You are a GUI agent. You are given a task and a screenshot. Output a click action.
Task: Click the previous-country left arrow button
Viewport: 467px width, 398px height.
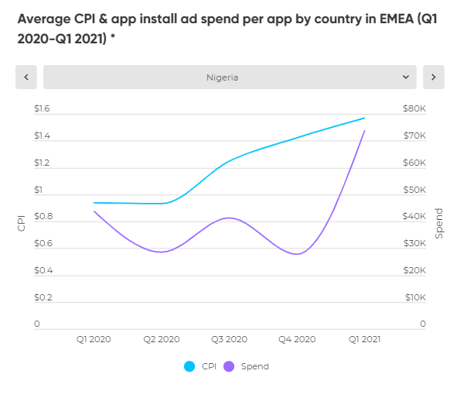[26, 77]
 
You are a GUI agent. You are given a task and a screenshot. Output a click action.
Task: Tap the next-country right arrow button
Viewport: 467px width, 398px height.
[434, 77]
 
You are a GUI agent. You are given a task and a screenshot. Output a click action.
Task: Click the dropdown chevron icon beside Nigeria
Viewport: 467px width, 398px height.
[406, 77]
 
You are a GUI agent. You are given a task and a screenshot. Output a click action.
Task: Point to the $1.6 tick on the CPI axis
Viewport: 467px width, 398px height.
[42, 109]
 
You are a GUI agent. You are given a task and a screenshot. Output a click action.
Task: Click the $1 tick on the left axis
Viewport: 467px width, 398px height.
[39, 190]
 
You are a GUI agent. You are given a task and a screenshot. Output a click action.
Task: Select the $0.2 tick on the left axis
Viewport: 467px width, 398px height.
[42, 297]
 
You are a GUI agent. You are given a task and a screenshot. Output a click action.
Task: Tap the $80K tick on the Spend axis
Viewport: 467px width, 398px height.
[414, 109]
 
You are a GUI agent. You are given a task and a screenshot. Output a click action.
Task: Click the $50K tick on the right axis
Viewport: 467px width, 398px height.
[414, 190]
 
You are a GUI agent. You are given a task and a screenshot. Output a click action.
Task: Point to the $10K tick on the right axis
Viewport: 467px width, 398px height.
[414, 297]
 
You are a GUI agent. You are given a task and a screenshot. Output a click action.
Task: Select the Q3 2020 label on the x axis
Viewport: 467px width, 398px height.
[229, 339]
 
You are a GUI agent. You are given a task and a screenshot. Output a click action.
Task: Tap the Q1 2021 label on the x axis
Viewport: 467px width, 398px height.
[364, 339]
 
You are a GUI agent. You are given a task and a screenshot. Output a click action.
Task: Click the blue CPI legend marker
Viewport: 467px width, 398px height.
[189, 366]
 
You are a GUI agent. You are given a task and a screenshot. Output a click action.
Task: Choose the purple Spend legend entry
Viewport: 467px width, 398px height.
[247, 366]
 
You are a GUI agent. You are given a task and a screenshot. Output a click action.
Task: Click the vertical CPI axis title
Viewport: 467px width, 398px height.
[22, 223]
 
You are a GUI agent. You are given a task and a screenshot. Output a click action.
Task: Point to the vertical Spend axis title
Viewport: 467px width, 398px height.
[439, 223]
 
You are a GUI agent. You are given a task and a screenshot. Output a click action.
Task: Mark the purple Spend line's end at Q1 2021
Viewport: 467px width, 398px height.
[364, 131]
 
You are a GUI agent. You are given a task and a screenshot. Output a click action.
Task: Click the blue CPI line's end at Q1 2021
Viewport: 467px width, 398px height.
[364, 118]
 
